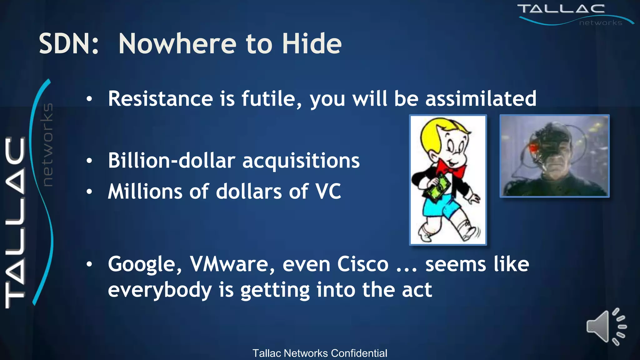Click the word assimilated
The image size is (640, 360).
click(481, 99)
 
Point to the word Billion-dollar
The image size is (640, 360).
click(172, 161)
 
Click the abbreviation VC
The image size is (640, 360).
click(328, 191)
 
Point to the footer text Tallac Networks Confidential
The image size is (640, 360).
click(320, 353)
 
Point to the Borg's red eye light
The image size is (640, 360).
click(533, 146)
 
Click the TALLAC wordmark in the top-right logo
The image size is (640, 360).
click(561, 9)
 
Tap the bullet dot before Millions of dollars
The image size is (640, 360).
click(89, 192)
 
